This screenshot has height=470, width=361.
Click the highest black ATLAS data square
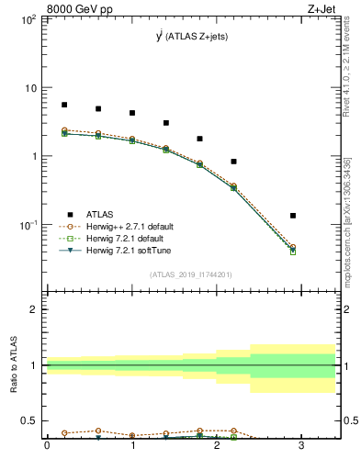[64, 105]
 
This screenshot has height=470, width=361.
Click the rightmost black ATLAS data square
[293, 216]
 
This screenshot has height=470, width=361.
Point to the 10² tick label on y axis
[28, 19]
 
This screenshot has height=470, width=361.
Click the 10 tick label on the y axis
[29, 88]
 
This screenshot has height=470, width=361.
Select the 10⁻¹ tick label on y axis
[28, 225]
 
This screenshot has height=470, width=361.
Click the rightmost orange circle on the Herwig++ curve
[293, 247]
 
